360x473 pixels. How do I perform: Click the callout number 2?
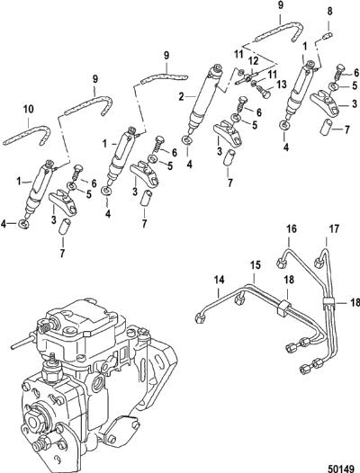tap(181, 97)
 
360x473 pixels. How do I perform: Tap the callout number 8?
tap(329, 12)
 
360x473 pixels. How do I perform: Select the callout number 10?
tap(29, 109)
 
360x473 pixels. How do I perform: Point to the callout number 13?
tap(281, 85)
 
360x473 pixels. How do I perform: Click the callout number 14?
tap(220, 281)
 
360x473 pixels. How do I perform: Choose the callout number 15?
tap(256, 265)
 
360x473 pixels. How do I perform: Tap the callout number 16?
tap(292, 229)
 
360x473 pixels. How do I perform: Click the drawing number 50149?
tap(340, 468)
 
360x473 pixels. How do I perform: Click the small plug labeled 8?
tap(328, 36)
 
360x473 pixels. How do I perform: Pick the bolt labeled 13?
tap(263, 91)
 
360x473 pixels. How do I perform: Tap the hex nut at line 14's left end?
tap(201, 318)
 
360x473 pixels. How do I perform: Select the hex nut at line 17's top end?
tap(319, 263)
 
